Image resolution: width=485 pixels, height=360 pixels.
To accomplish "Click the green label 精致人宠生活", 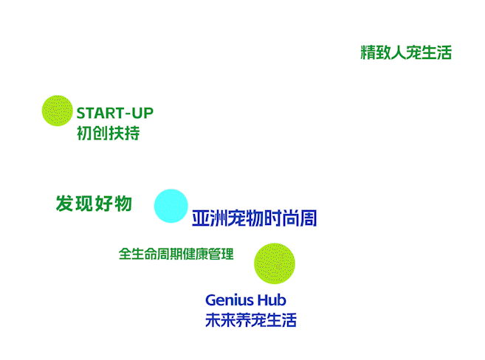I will (x=405, y=53).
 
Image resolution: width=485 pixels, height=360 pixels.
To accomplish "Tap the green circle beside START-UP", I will (x=57, y=111).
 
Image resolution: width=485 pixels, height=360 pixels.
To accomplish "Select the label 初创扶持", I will (x=108, y=134).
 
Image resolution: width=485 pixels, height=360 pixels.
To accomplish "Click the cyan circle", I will (x=171, y=206).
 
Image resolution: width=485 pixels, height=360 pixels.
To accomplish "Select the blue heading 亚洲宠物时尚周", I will (x=254, y=219).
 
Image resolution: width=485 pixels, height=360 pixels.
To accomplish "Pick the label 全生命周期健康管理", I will (x=176, y=254).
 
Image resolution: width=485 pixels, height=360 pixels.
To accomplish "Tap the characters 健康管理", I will (x=210, y=254).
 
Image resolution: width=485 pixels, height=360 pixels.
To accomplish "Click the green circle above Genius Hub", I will (x=275, y=263).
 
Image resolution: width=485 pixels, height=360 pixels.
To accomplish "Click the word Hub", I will (x=272, y=300).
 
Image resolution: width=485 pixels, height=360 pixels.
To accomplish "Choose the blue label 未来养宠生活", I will (x=251, y=321).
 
